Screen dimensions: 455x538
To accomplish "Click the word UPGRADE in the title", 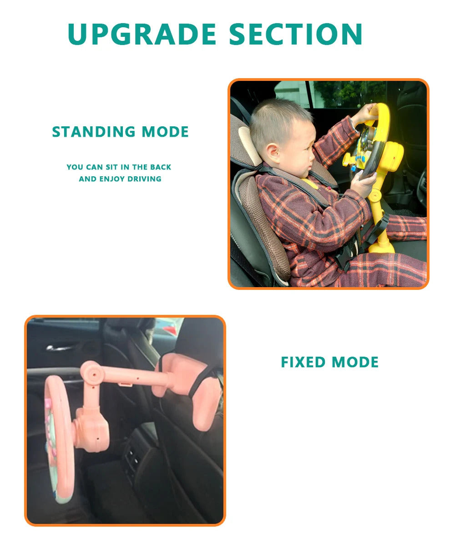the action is pyautogui.click(x=142, y=34).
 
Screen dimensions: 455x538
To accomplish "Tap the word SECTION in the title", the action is pyautogui.click(x=296, y=34).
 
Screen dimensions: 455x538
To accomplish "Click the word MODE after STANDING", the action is pyautogui.click(x=165, y=132).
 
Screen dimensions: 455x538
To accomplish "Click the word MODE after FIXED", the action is pyautogui.click(x=355, y=362).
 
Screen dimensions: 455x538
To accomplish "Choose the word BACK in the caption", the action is pyautogui.click(x=161, y=167).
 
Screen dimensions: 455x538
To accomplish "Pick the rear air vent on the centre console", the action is pyautogui.click(x=132, y=460).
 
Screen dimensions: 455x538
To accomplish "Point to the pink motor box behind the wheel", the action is pyautogui.click(x=91, y=429).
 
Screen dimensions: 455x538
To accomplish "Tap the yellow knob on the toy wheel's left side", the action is pyautogui.click(x=348, y=159).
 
